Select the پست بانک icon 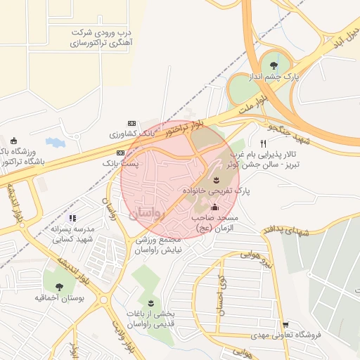click(x=120, y=152)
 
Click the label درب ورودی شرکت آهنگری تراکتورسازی click(x=105, y=37)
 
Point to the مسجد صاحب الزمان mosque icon click(x=214, y=207)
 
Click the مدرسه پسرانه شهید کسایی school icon click(x=72, y=218)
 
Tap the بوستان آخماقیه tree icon click(x=58, y=286)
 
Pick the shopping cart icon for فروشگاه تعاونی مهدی click(x=285, y=324)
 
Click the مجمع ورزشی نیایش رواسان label click(x=158, y=245)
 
